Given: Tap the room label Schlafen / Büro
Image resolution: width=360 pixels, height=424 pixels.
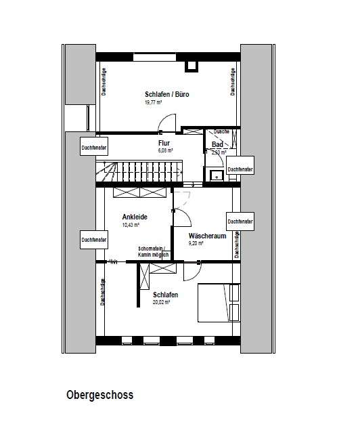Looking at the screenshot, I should (166, 94).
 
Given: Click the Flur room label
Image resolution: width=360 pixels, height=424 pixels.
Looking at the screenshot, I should (164, 144).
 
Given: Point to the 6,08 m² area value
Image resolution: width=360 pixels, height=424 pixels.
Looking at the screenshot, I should (166, 151).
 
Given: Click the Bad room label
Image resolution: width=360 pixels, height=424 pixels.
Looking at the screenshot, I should (217, 145).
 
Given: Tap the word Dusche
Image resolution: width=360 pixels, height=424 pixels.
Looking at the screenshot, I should (221, 131).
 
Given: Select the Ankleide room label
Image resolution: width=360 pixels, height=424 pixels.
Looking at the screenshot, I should (135, 217).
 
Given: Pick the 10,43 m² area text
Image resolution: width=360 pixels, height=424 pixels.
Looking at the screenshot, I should (131, 225).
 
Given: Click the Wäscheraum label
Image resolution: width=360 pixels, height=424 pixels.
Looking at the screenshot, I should (207, 236).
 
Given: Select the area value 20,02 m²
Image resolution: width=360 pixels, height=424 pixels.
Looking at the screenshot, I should (161, 303).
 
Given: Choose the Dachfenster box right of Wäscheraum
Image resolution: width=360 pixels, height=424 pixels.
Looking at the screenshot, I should (240, 221).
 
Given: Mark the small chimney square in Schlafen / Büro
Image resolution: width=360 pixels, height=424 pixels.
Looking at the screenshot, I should (190, 66).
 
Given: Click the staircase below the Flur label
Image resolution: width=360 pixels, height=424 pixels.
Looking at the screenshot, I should (139, 171).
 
